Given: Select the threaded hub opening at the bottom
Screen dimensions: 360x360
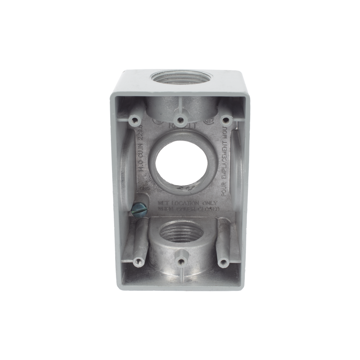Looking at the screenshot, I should coord(180,236).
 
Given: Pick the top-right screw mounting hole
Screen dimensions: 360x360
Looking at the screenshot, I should coord(225,120).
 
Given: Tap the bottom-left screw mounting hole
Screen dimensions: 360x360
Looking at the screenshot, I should coord(137,262).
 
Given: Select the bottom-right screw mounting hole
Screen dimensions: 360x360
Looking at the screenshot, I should coord(224,262).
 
